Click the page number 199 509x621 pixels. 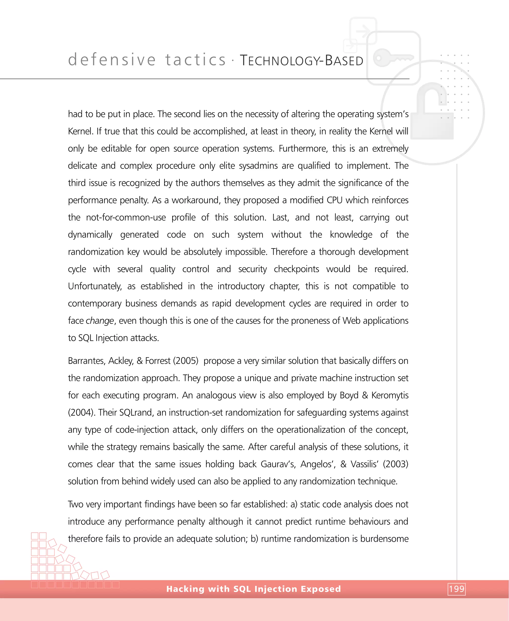pyautogui.click(x=457, y=589)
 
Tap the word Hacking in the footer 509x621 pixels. pyautogui.click(x=185, y=589)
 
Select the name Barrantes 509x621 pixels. pyautogui.click(x=86, y=361)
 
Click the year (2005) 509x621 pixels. pyautogui.click(x=186, y=361)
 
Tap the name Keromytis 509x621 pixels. pyautogui.click(x=390, y=395)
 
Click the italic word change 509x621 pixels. pyautogui.click(x=100, y=321)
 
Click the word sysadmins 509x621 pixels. pyautogui.click(x=258, y=166)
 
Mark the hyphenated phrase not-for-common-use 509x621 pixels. pyautogui.click(x=126, y=217)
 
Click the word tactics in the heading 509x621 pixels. pyautogui.click(x=195, y=60)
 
